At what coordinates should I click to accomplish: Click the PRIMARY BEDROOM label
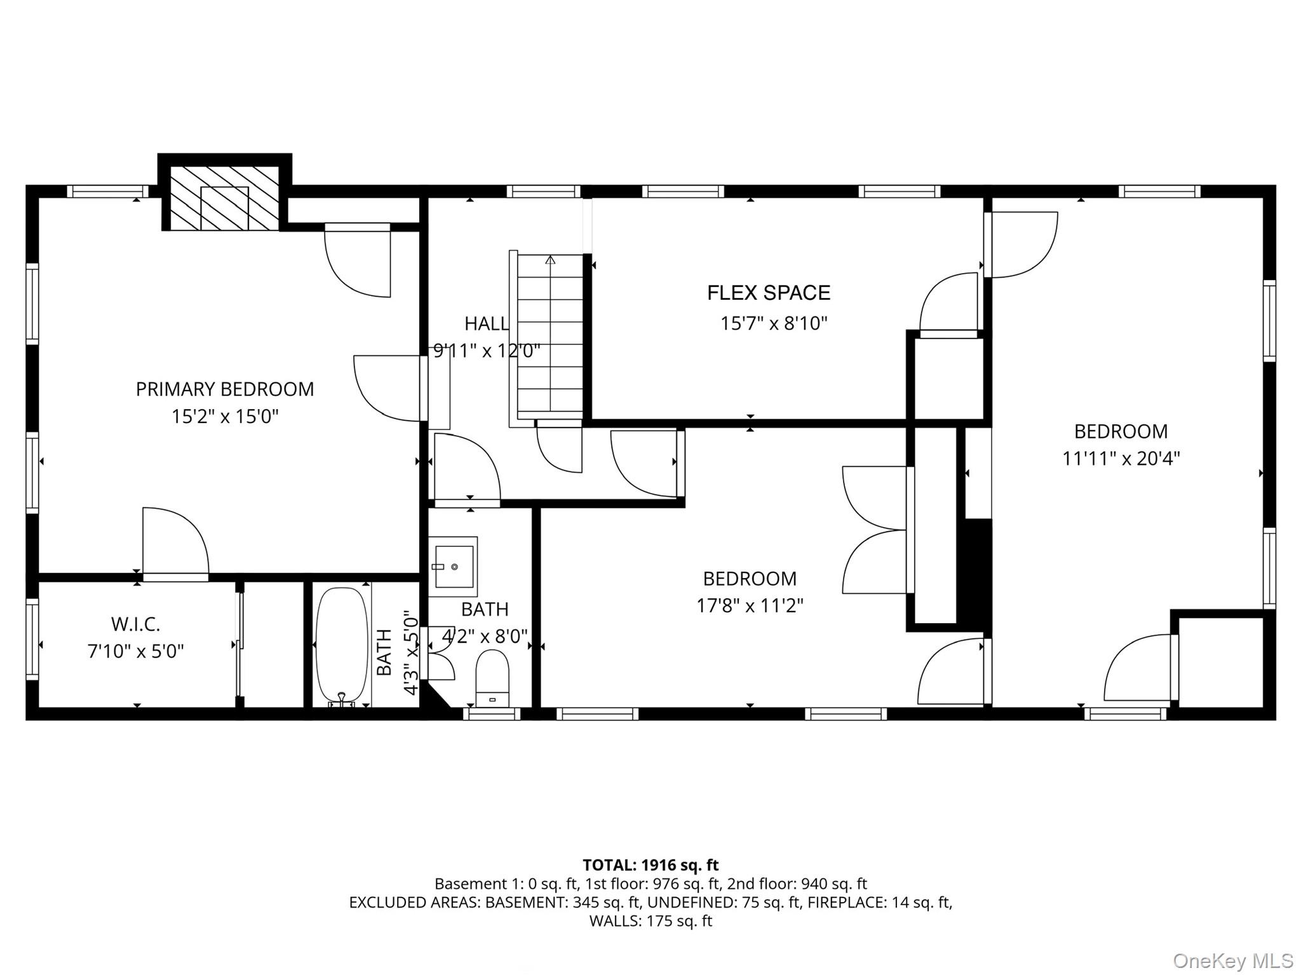pyautogui.click(x=225, y=389)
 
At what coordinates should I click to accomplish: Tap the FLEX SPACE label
pyautogui.click(x=769, y=293)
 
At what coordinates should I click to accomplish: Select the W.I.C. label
pyautogui.click(x=136, y=624)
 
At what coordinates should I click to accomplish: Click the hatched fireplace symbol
pyautogui.click(x=224, y=198)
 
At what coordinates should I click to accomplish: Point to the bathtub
pyautogui.click(x=342, y=644)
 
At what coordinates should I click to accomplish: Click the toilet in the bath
pyautogui.click(x=492, y=677)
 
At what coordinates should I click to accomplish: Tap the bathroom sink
pyautogui.click(x=453, y=566)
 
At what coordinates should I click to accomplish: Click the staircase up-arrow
pyautogui.click(x=550, y=260)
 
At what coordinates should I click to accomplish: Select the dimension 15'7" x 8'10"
pyautogui.click(x=774, y=324)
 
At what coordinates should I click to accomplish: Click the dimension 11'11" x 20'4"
pyautogui.click(x=1121, y=459)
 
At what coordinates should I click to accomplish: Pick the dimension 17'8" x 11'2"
pyautogui.click(x=750, y=606)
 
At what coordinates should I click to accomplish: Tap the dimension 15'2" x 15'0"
pyautogui.click(x=225, y=417)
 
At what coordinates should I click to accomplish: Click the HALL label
pyautogui.click(x=486, y=324)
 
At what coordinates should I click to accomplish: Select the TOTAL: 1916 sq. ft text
pyautogui.click(x=650, y=865)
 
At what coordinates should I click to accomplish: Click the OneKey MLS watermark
pyautogui.click(x=1232, y=960)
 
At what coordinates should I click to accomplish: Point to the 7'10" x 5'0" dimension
pyautogui.click(x=136, y=652)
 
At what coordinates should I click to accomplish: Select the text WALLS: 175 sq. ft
pyautogui.click(x=650, y=921)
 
